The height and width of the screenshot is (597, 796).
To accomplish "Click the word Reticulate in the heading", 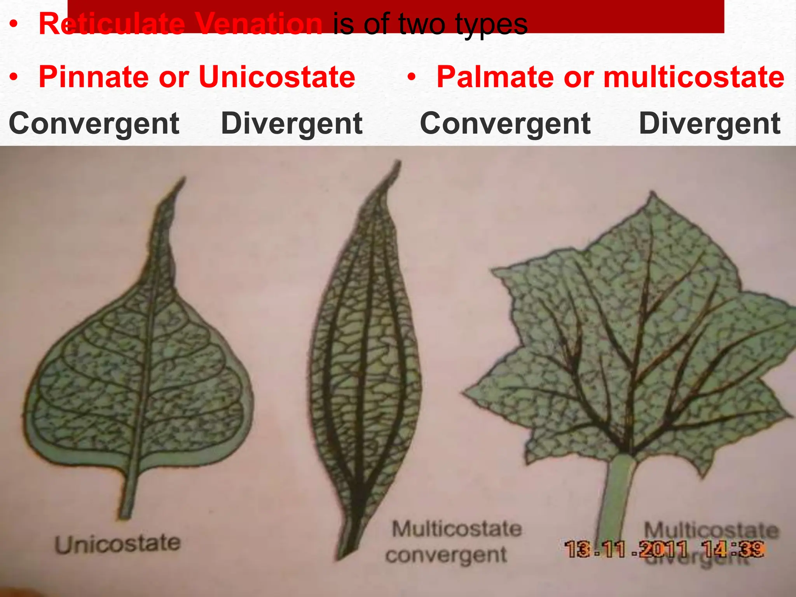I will pyautogui.click(x=110, y=24).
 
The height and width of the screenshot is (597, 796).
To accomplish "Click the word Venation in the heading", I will pyautogui.click(x=259, y=24).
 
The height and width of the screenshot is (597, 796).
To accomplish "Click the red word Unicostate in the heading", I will pyautogui.click(x=277, y=77).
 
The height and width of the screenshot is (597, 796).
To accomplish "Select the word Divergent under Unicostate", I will pyautogui.click(x=292, y=124).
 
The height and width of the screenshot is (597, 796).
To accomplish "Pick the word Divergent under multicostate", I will pyautogui.click(x=709, y=124).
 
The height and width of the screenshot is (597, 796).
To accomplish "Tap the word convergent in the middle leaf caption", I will pyautogui.click(x=446, y=555).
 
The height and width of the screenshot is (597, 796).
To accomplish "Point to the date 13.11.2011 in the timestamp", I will pyautogui.click(x=626, y=549).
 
